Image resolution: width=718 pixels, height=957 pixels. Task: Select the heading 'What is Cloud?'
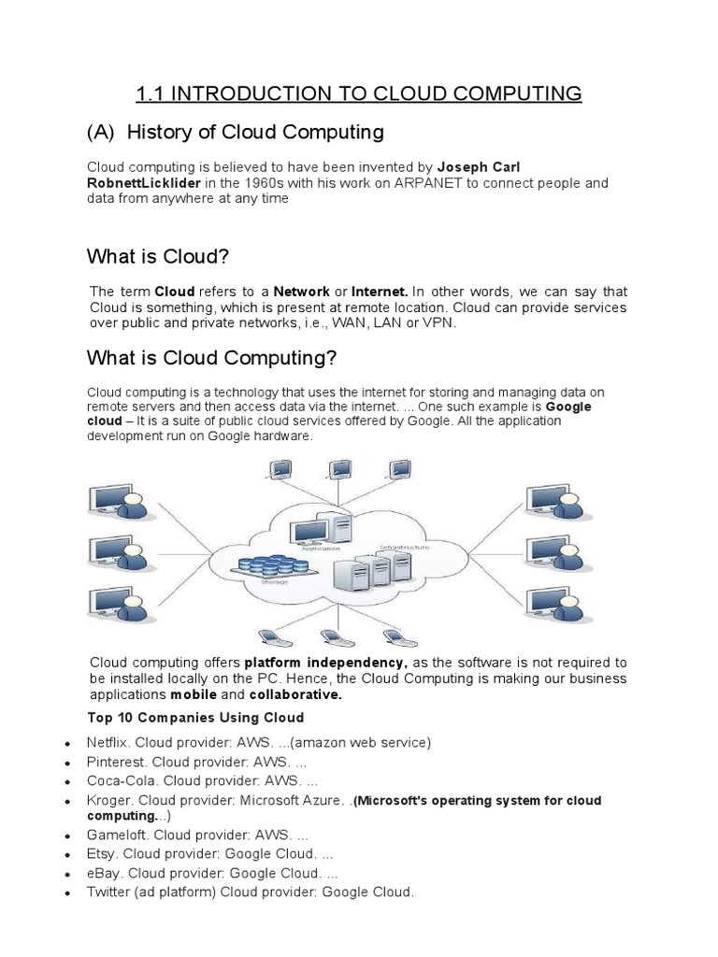[158, 256]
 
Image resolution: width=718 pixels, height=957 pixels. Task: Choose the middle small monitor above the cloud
[340, 469]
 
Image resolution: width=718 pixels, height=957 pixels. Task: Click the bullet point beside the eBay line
[68, 875]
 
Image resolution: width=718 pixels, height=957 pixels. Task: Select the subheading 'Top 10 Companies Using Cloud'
[195, 718]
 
